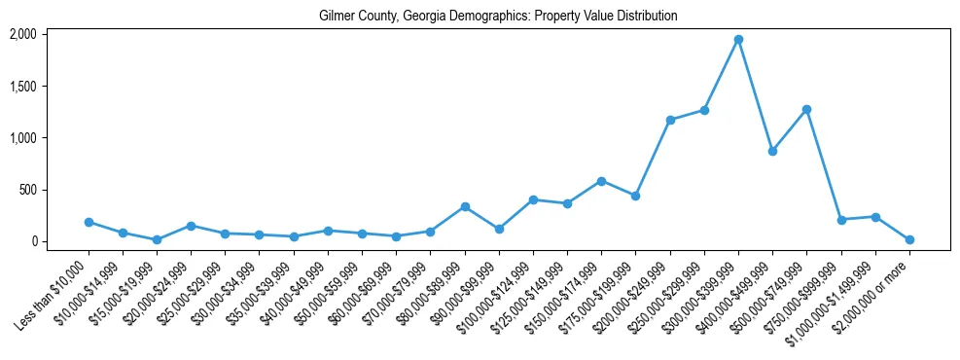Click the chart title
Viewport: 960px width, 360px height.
498,17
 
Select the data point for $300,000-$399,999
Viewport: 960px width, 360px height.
738,40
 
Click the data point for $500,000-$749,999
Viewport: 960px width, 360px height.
806,110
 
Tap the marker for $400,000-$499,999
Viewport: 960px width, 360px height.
772,152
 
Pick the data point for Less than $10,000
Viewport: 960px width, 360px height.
89,222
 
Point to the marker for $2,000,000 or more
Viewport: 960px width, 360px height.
909,239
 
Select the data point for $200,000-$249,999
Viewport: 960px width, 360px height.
670,120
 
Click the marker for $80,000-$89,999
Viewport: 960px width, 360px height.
465,206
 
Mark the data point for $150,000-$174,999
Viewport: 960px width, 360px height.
601,181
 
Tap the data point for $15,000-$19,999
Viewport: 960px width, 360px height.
157,239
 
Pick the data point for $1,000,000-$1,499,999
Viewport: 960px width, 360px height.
875,217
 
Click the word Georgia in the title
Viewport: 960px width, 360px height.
426,17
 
